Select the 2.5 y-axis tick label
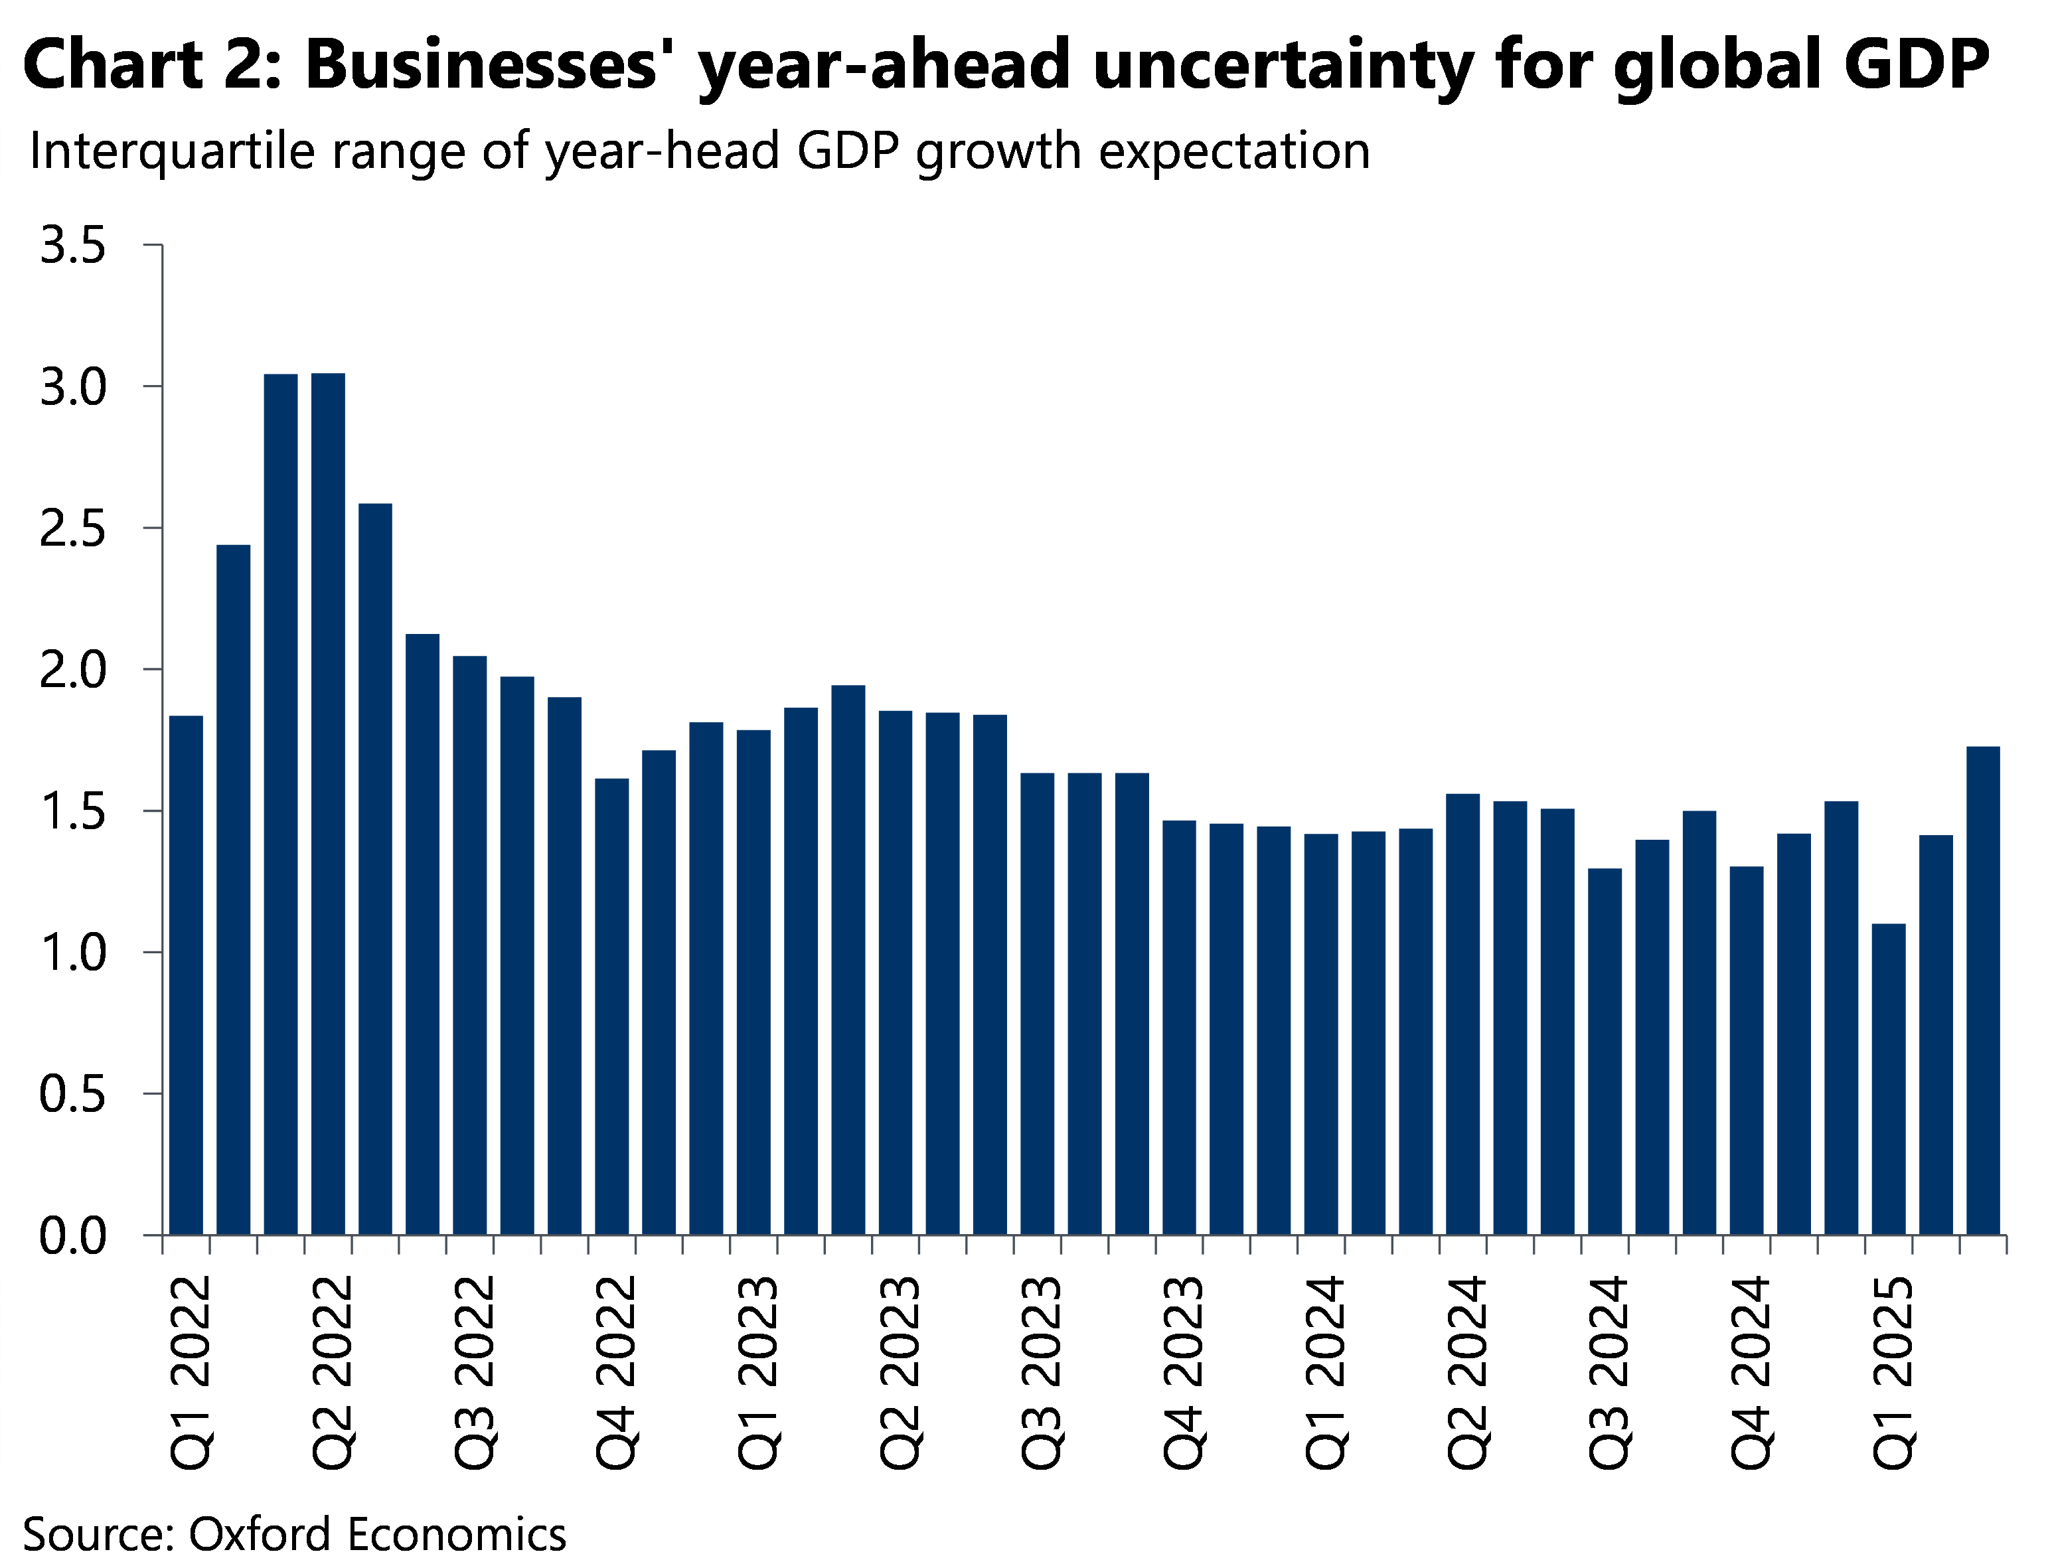(72, 529)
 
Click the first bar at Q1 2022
(186, 975)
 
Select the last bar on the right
(1983, 989)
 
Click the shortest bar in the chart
(1889, 1078)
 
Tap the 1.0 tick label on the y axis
(72, 953)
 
